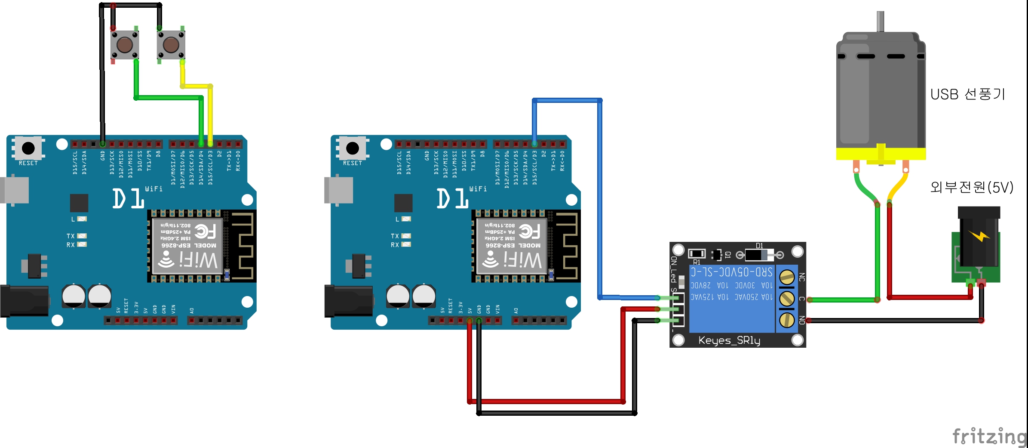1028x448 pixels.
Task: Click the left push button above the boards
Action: pos(125,44)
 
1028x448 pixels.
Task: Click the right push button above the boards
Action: pos(171,44)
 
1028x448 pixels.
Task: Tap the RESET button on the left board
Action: pos(28,148)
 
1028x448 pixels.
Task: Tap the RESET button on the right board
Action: pos(353,148)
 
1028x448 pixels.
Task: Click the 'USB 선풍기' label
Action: pos(967,94)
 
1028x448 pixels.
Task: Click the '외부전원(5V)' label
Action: pos(972,187)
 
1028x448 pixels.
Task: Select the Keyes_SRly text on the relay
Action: pos(729,340)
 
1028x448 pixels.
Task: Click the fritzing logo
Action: pos(989,436)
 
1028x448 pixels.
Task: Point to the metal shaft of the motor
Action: pos(880,22)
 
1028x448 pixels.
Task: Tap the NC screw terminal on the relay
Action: pos(787,277)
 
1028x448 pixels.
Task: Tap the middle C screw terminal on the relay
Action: pos(787,299)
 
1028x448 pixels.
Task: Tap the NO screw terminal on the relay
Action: pos(787,320)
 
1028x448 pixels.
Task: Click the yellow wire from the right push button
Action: pos(210,112)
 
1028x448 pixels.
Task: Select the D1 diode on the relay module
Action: pos(759,255)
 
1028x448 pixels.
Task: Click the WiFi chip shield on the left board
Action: pos(188,246)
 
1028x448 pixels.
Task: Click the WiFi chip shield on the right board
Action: pos(512,246)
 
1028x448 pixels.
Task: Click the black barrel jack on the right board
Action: pos(348,301)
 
